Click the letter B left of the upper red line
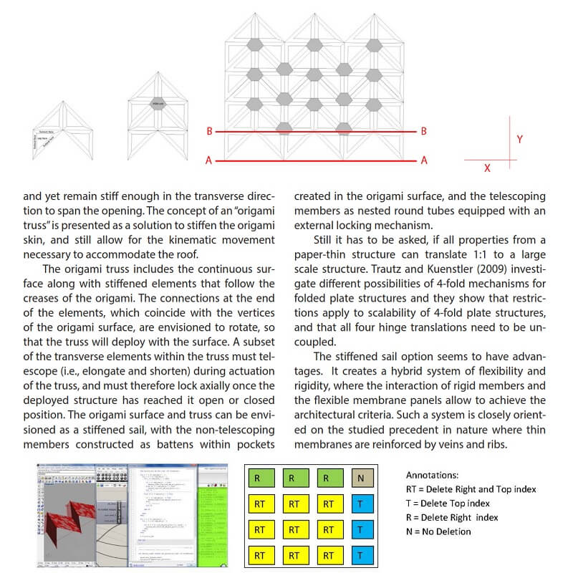[209, 132]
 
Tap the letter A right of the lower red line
[424, 160]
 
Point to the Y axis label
[519, 140]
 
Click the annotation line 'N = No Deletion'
[438, 531]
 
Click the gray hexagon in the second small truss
[158, 105]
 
